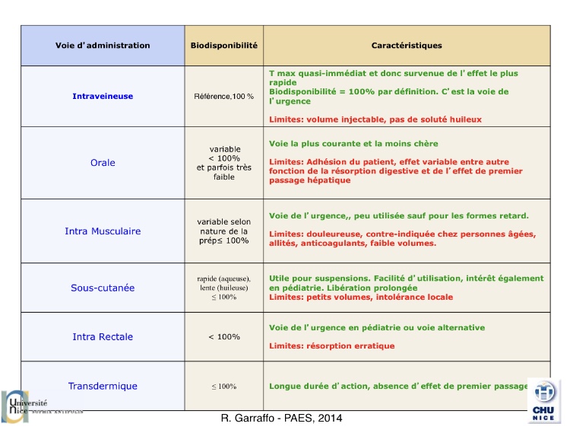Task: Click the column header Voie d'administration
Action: click(x=103, y=46)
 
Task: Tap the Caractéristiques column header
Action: click(x=407, y=46)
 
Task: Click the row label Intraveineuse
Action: click(x=103, y=97)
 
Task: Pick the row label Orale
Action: click(x=103, y=163)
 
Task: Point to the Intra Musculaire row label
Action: click(x=103, y=231)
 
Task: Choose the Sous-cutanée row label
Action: click(x=103, y=288)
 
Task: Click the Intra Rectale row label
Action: click(x=103, y=336)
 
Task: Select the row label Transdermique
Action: click(x=103, y=386)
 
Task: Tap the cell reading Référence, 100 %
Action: click(x=223, y=97)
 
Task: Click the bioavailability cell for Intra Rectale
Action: click(x=223, y=336)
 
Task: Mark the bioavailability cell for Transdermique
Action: click(x=223, y=387)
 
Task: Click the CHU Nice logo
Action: click(x=544, y=400)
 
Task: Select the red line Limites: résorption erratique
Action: click(x=332, y=345)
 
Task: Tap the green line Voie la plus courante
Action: click(x=353, y=144)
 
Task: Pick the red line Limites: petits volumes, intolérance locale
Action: click(x=372, y=297)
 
